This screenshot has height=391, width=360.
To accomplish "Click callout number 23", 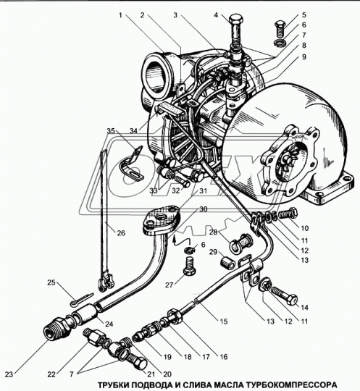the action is coord(9,374).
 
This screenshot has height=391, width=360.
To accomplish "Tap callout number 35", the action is coord(111,130).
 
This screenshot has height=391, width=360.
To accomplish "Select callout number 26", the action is coord(121,233).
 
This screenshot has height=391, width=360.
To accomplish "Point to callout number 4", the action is coord(216,15).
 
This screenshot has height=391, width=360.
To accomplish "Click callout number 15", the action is coord(224,321).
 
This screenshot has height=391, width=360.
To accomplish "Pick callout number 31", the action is coord(204,190).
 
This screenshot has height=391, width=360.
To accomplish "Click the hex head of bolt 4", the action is coord(235,19).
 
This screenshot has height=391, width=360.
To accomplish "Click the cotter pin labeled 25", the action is coord(81,299).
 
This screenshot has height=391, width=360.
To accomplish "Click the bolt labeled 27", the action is coord(189,266).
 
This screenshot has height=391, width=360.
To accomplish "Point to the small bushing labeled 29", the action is coord(227,264).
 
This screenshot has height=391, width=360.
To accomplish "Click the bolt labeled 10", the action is coord(288,213).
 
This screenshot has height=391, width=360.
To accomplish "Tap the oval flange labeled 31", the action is coord(162,219).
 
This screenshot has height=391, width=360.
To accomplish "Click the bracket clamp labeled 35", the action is coord(133,164).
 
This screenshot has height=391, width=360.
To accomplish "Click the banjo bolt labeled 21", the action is coord(137,361).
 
